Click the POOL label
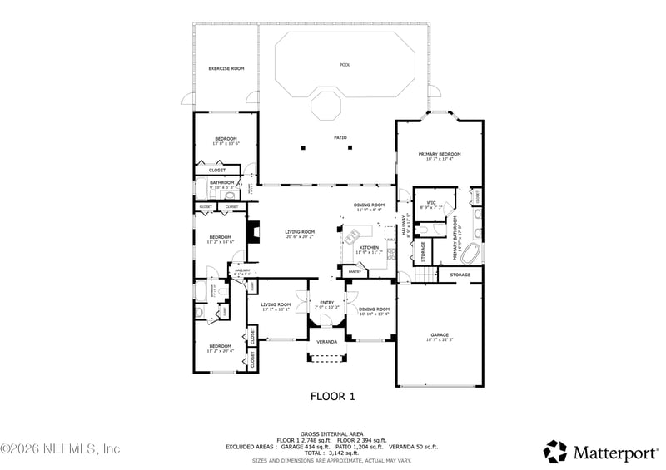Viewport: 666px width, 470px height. [345, 65]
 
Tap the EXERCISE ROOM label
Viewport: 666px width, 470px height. [226, 68]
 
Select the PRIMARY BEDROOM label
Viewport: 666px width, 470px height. [440, 154]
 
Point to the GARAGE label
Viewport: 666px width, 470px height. [440, 334]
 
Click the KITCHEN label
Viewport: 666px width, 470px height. [370, 247]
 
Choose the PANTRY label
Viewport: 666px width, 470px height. [355, 271]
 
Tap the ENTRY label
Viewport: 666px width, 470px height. [327, 303]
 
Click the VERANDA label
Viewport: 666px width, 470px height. [327, 342]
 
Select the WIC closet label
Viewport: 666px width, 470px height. [431, 202]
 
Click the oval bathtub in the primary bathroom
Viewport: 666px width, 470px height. [471, 253]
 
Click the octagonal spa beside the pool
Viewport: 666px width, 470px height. [326, 106]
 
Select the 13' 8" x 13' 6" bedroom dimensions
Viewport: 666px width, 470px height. [226, 144]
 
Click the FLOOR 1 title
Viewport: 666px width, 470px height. [333, 397]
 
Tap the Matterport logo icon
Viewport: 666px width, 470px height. [555, 452]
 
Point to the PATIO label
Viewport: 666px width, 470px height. [340, 137]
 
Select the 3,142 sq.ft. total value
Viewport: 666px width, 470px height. [347, 453]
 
